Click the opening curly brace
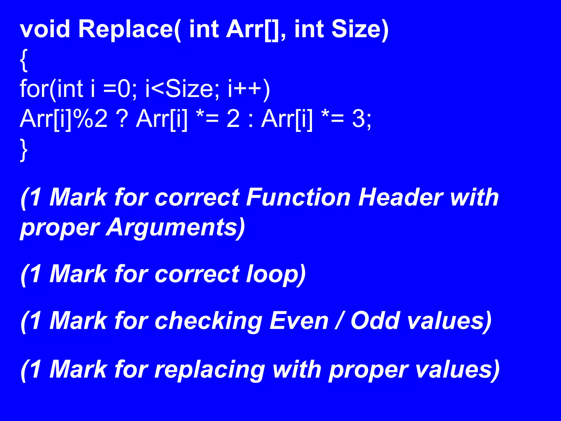(24, 61)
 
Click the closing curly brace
(24, 150)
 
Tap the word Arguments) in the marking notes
(175, 227)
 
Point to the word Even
(299, 321)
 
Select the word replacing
(210, 370)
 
